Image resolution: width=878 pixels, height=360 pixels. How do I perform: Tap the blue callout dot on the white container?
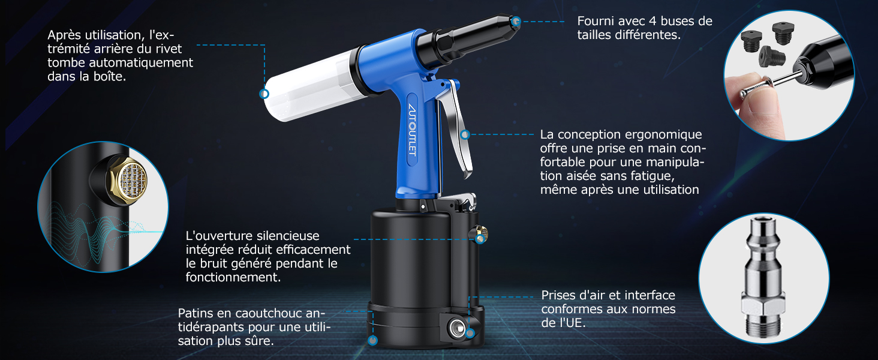[264, 94]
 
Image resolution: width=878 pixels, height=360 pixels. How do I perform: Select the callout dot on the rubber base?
[373, 340]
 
